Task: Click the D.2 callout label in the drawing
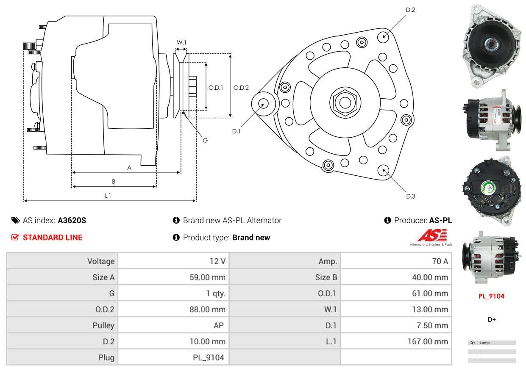pyautogui.click(x=410, y=10)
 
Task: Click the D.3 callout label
pyautogui.click(x=410, y=196)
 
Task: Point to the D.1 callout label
pyautogui.click(x=236, y=131)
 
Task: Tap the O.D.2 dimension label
pyautogui.click(x=241, y=88)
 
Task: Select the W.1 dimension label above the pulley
pyautogui.click(x=181, y=42)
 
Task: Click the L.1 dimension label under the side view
pyautogui.click(x=108, y=195)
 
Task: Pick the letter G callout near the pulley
pyautogui.click(x=205, y=140)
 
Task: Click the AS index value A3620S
pyautogui.click(x=72, y=220)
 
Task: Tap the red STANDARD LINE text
pyautogui.click(x=52, y=238)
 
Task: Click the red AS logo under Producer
pyautogui.click(x=432, y=235)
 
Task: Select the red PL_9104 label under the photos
pyautogui.click(x=491, y=296)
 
